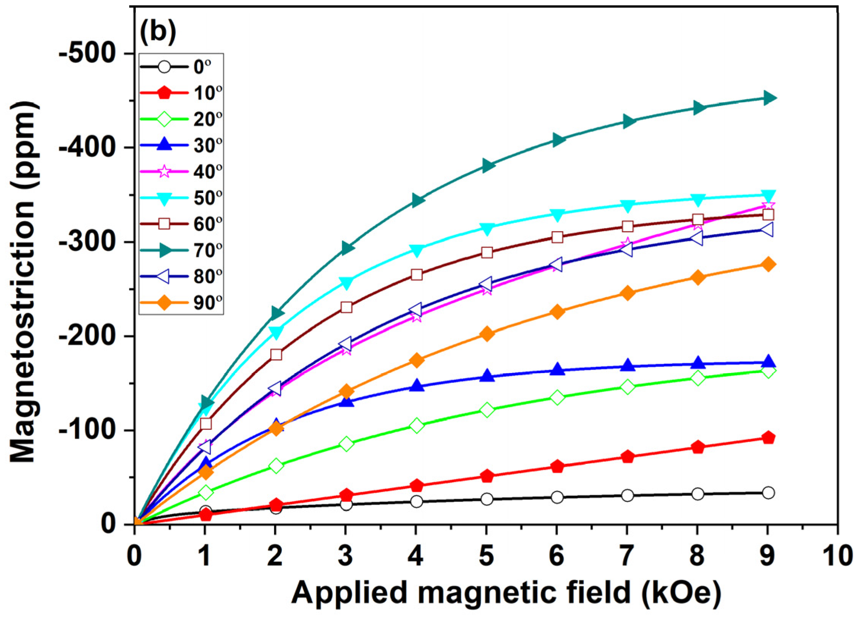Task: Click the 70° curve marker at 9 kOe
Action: (768, 98)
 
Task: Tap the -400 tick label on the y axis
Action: (87, 147)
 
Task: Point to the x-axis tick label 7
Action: (627, 556)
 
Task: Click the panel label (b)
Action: (158, 32)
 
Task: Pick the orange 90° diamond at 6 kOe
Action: (557, 312)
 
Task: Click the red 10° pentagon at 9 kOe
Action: (768, 437)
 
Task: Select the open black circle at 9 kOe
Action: (768, 493)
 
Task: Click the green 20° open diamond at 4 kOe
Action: (416, 425)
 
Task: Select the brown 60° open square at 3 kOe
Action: (346, 307)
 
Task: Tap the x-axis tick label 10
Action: (837, 556)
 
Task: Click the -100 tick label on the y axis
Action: (87, 430)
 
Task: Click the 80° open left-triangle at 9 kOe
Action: (767, 230)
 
